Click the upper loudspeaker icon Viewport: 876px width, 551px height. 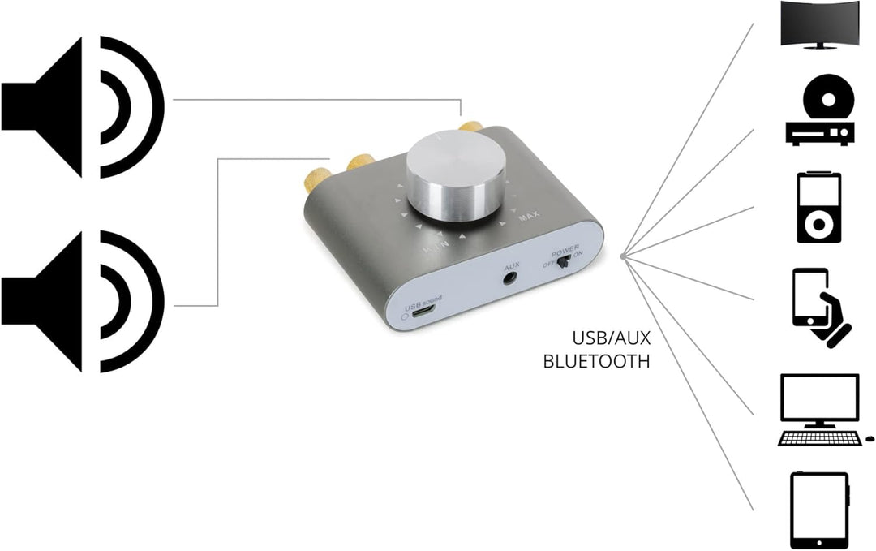(x=81, y=106)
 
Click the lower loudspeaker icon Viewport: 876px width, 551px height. (x=81, y=302)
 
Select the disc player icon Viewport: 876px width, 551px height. (x=819, y=114)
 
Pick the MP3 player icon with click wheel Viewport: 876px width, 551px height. (x=818, y=207)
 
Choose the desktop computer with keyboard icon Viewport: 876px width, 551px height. (x=819, y=409)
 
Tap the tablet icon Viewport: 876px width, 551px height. (x=818, y=510)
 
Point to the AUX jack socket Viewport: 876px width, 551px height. (x=511, y=278)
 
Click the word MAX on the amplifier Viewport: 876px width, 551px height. (x=529, y=217)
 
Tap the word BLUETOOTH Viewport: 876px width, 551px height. (x=596, y=361)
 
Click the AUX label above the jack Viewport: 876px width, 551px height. (x=511, y=265)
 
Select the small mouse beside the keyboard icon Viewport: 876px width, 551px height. (x=870, y=438)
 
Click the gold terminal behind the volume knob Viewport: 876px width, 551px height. (x=468, y=127)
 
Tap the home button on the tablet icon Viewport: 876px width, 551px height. (x=818, y=541)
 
